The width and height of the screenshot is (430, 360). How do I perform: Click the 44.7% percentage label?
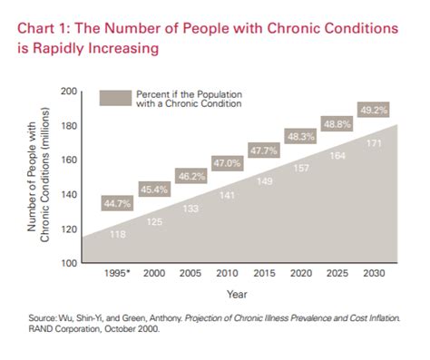[118, 204]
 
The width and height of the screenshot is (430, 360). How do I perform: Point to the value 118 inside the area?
[118, 235]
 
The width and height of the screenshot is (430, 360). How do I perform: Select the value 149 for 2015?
[265, 181]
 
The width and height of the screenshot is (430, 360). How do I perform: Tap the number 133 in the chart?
[191, 209]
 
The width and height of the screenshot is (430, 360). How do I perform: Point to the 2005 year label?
[191, 273]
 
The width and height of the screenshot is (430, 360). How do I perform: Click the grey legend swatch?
[114, 99]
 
